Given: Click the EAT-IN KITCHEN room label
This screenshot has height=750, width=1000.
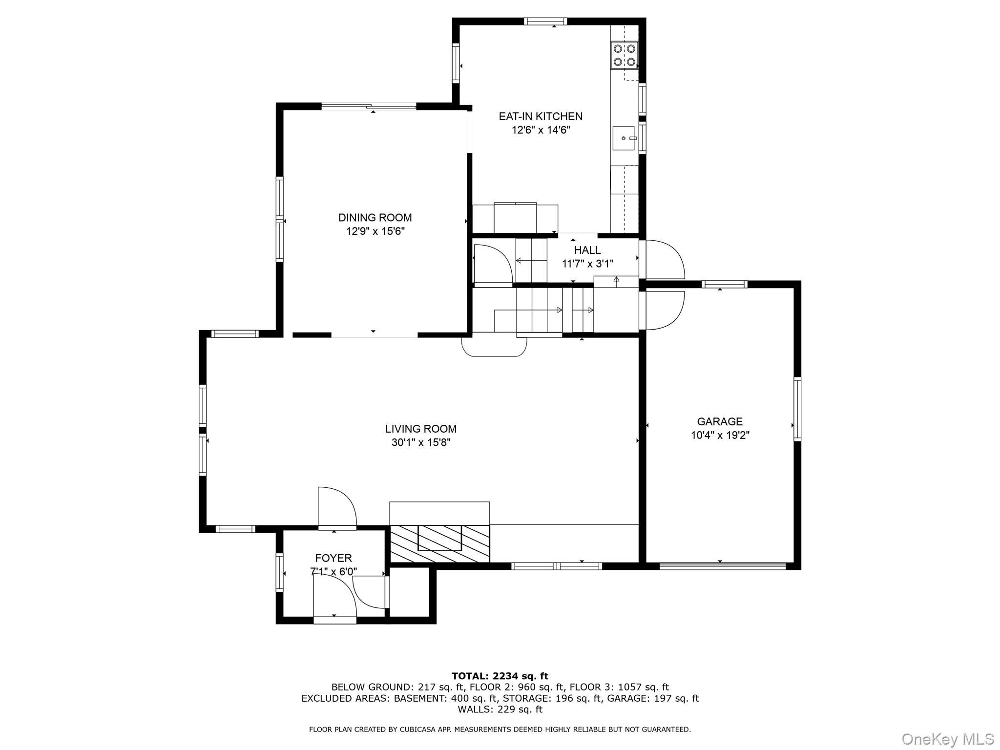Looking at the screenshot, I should (540, 116).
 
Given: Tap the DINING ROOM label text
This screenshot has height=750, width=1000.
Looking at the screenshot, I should (375, 217).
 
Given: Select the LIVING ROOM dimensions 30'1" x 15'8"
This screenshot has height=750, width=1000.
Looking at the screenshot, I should (420, 442).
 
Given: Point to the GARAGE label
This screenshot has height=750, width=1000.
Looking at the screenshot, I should (720, 421).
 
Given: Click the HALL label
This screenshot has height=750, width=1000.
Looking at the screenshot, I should (587, 250).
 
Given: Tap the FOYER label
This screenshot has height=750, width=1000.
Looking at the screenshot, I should (333, 558).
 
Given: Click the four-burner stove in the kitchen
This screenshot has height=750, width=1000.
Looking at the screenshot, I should (625, 55).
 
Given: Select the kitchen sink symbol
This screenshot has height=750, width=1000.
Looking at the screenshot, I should (624, 138).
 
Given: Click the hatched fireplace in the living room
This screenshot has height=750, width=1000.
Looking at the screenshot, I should (439, 543).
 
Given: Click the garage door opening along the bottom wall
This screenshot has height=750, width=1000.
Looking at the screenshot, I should (723, 566).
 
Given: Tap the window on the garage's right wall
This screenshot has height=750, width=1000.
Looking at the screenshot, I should (797, 409).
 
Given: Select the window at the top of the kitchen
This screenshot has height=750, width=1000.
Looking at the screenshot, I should (545, 21).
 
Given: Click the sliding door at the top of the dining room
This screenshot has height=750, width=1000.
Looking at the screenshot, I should (369, 106).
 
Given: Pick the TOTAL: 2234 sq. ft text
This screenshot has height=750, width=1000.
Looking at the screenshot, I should (500, 676).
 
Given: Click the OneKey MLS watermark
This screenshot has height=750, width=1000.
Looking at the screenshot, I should (947, 739).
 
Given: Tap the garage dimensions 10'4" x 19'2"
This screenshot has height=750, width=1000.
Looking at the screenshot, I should (720, 435).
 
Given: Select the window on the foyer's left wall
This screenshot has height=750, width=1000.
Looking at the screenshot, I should (280, 573).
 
